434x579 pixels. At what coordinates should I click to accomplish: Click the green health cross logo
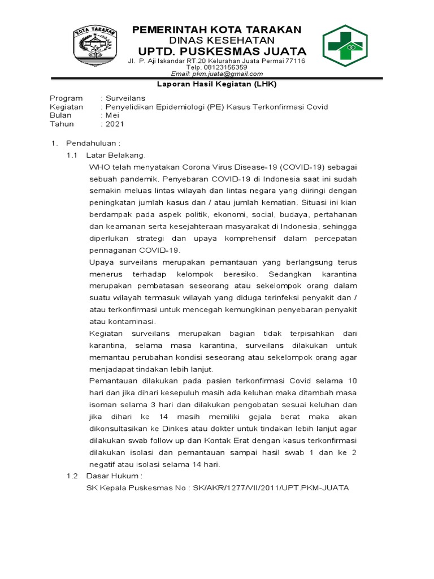coord(349,49)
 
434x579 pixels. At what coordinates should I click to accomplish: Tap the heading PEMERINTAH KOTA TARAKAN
coord(217,30)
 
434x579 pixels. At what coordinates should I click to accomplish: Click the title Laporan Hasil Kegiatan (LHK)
coord(217,85)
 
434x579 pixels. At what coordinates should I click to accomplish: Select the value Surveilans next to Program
coord(125,98)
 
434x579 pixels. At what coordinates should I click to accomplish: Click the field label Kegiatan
coord(66,107)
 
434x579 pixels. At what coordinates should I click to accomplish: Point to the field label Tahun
coord(62,124)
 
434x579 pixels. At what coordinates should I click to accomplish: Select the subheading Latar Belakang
coord(116,154)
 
